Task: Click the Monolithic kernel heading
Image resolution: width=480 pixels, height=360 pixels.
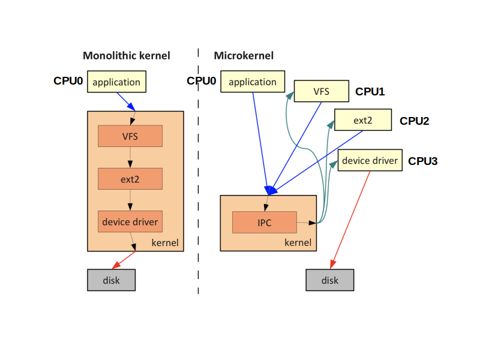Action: coord(127,55)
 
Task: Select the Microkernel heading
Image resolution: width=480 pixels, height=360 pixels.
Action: coord(244,55)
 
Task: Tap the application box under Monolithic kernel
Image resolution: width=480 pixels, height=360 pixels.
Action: coord(116,82)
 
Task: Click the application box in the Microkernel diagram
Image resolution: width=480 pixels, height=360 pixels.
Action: coord(253,82)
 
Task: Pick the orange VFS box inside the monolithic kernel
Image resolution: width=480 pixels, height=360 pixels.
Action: coord(130,136)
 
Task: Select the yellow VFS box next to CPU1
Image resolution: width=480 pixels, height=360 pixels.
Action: coord(322,91)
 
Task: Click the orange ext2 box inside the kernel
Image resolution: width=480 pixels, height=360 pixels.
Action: coord(130,179)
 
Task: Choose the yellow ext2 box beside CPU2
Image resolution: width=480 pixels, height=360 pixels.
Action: coord(363,119)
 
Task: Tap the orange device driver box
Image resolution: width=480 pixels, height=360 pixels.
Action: coord(130,221)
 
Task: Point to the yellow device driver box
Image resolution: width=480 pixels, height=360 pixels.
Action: coord(370,160)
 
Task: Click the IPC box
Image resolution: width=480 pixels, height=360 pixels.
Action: coord(265,222)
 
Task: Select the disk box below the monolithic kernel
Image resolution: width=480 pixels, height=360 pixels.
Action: coord(112,280)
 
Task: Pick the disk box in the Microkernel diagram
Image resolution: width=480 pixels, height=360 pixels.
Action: coord(330,280)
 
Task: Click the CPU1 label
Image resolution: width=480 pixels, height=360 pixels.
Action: coord(370,92)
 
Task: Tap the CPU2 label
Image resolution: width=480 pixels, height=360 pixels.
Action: coord(414,121)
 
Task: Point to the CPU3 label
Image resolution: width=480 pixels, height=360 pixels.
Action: coord(423,161)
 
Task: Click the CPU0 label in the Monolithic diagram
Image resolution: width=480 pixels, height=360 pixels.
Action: coord(68,81)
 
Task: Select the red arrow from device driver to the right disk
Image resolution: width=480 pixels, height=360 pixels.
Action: coord(350,220)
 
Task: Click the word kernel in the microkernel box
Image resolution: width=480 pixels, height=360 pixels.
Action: coord(298,242)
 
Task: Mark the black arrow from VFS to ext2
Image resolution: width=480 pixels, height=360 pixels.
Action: coord(130,157)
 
